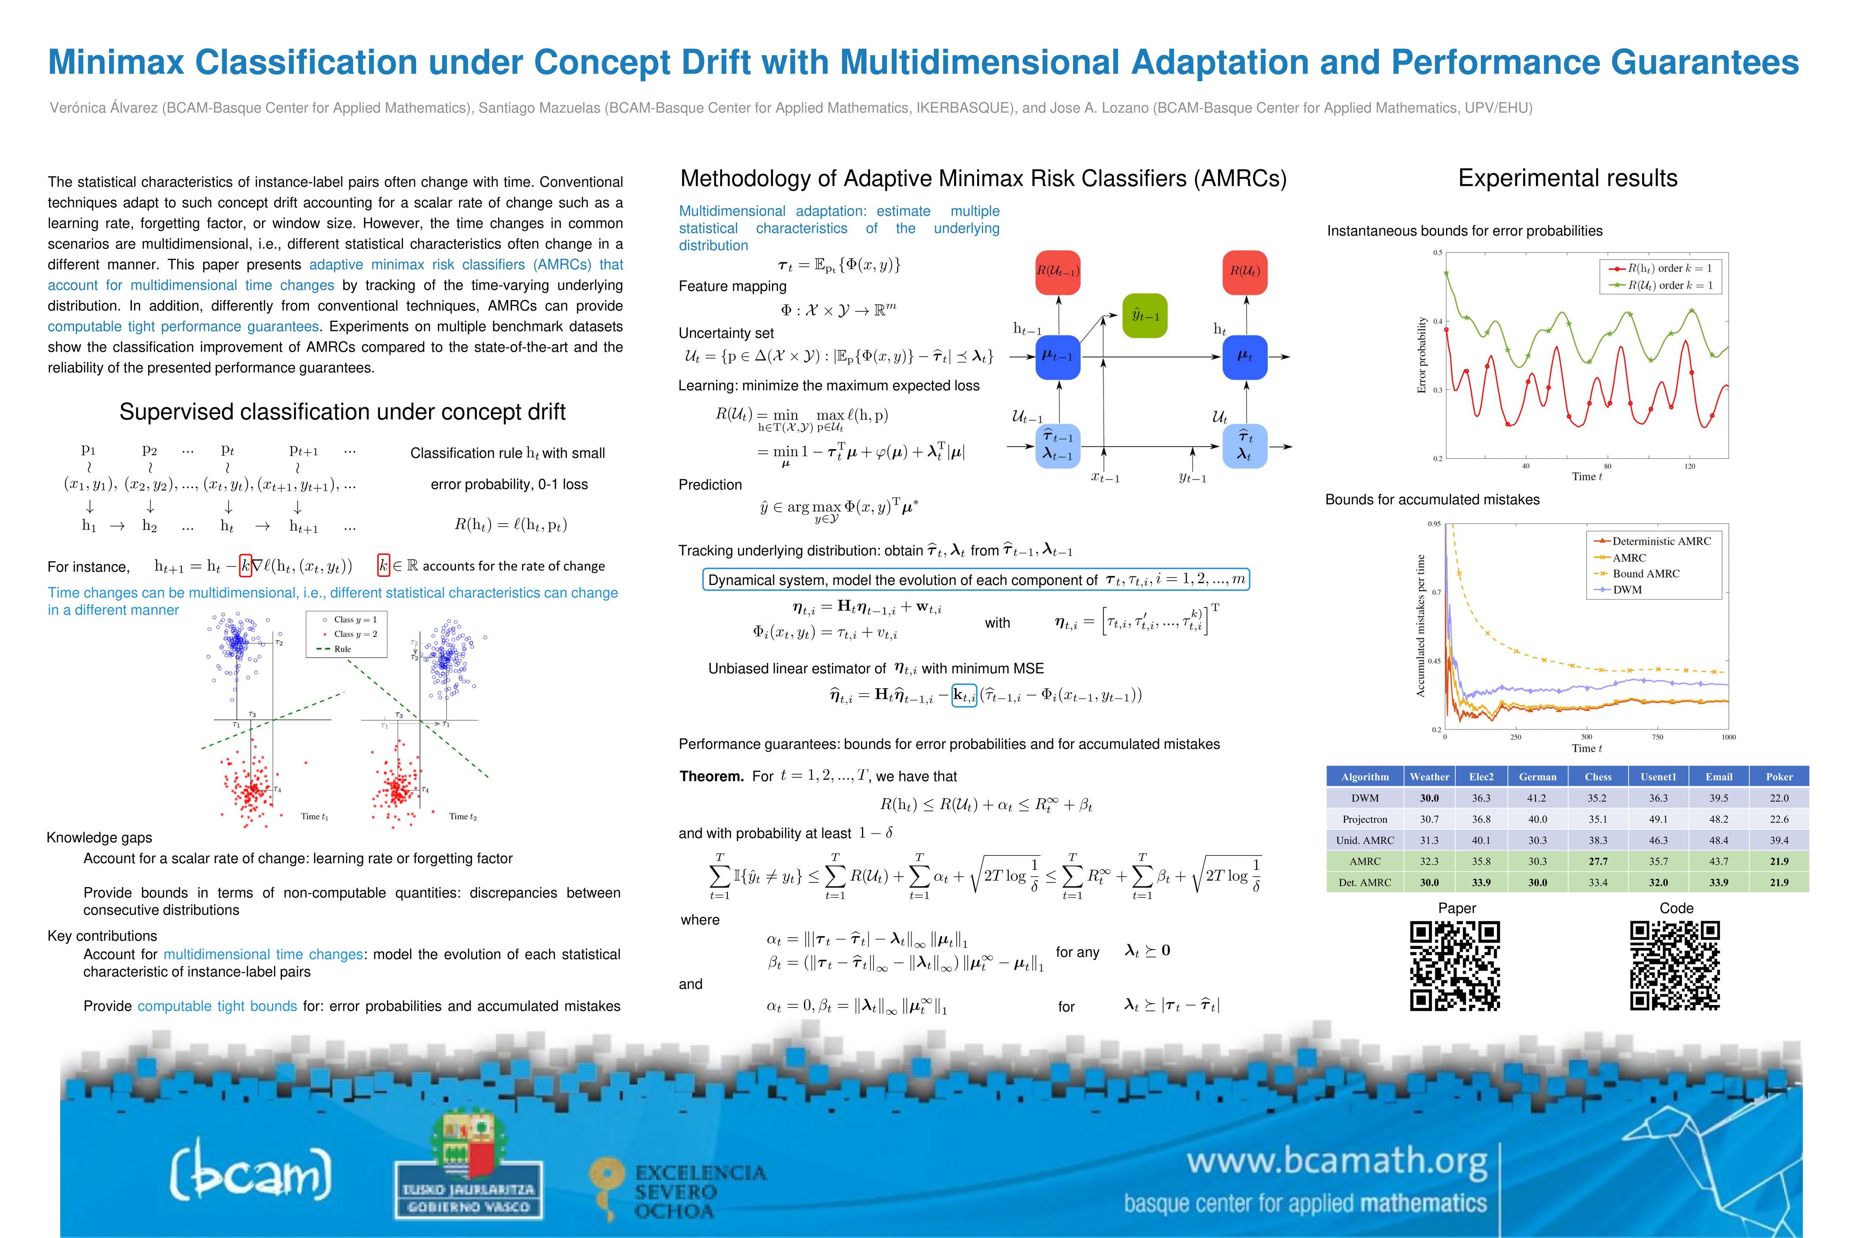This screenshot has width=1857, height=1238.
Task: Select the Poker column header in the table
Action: [1779, 777]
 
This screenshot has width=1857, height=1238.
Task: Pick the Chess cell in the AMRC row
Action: [1598, 861]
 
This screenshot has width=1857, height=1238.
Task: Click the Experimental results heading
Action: [1567, 178]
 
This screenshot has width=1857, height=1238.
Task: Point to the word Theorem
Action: [711, 776]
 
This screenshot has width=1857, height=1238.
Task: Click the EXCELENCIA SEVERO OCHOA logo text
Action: [699, 1192]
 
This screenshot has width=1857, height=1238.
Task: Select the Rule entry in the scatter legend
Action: [343, 649]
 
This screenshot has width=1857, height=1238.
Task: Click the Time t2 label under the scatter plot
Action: [463, 816]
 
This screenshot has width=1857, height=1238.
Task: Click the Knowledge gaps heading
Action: [99, 838]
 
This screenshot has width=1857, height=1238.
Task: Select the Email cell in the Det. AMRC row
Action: [1719, 883]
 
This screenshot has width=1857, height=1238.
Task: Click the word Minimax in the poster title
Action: [117, 62]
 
